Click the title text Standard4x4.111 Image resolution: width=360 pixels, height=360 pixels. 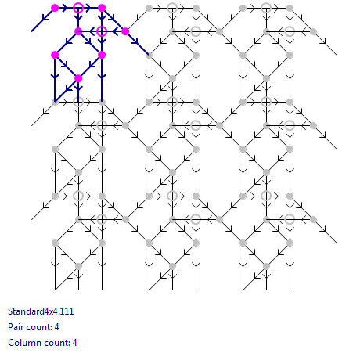pyautogui.click(x=41, y=311)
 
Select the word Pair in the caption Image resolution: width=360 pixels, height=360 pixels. pyautogui.click(x=16, y=327)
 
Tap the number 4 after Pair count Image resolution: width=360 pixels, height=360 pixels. pyautogui.click(x=56, y=327)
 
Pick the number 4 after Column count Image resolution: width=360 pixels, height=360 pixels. pyautogui.click(x=74, y=343)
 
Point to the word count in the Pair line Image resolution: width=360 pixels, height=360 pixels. pyautogui.click(x=38, y=327)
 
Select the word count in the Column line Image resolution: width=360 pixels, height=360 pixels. pyautogui.click(x=56, y=343)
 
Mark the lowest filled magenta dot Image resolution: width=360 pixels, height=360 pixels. pyautogui.click(x=78, y=78)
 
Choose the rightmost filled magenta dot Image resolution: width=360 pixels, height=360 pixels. pyautogui.click(x=125, y=31)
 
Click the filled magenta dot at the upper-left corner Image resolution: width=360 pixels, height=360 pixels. pyautogui.click(x=55, y=8)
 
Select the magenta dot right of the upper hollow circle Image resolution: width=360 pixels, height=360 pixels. pyautogui.click(x=102, y=8)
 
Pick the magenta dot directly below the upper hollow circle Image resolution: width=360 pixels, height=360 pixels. pyautogui.click(x=78, y=31)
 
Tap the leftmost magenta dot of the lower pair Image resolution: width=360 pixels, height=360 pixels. pyautogui.click(x=55, y=55)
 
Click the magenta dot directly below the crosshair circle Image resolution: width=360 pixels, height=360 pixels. pyautogui.click(x=102, y=55)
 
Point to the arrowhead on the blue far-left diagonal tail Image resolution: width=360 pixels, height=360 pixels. pyautogui.click(x=45, y=18)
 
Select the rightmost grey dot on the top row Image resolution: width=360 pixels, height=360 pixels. pyautogui.click(x=290, y=8)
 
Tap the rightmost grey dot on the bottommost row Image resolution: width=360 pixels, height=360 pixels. pyautogui.click(x=266, y=266)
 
